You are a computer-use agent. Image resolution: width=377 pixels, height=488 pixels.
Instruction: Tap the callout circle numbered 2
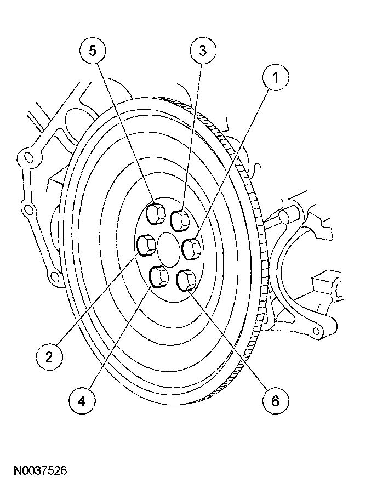tap(49, 357)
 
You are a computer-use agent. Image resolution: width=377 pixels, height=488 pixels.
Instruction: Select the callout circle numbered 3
tap(203, 51)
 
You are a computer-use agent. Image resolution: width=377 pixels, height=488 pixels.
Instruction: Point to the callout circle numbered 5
tap(93, 51)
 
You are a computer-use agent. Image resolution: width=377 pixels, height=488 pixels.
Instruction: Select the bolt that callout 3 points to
tap(180, 220)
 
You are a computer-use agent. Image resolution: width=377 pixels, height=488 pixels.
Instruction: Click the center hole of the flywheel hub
tap(169, 247)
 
